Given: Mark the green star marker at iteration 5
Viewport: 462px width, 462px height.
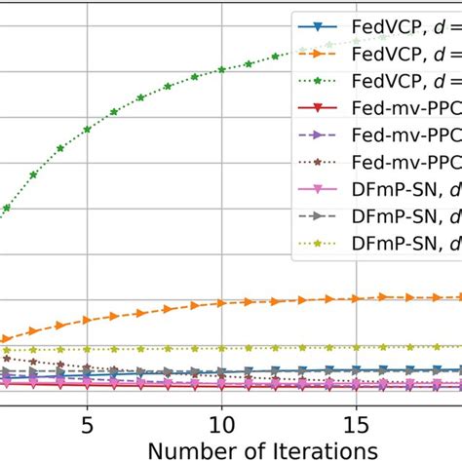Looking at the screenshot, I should tap(88, 129).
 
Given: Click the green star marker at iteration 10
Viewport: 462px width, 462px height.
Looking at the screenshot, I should tap(222, 69).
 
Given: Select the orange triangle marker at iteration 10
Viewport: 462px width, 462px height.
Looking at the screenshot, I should tap(222, 303).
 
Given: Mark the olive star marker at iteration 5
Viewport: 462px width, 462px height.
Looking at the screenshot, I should tap(88, 348).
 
